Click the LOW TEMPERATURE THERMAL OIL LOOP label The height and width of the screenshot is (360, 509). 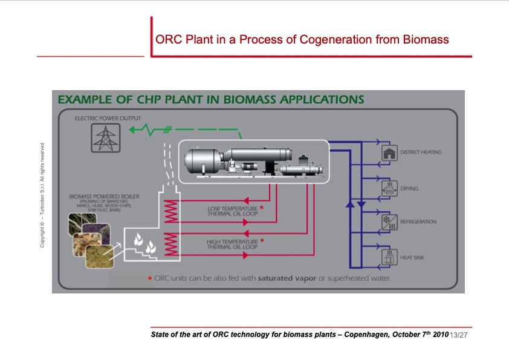[232, 211]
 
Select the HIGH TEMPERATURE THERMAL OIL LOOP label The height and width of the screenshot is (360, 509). [232, 244]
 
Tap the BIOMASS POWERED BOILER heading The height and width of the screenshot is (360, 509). [100, 197]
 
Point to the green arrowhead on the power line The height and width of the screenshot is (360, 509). [136, 130]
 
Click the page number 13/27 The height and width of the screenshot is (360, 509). [459, 335]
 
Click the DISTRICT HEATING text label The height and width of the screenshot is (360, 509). [421, 152]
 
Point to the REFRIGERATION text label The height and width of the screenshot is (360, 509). [418, 222]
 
